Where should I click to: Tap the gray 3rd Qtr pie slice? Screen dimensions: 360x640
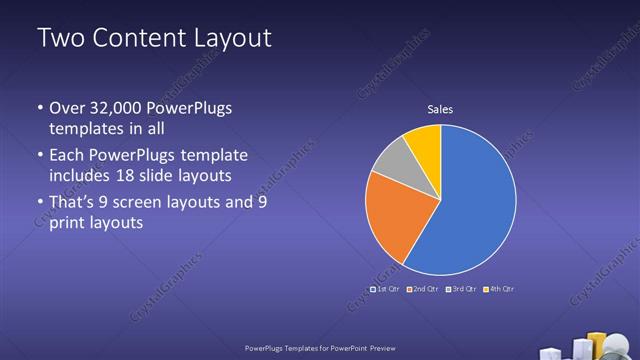click(x=394, y=161)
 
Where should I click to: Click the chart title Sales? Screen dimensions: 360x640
click(x=440, y=109)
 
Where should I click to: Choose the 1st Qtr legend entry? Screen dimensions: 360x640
click(x=385, y=289)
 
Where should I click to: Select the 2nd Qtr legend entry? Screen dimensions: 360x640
click(x=423, y=289)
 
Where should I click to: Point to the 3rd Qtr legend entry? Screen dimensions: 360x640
click(x=460, y=289)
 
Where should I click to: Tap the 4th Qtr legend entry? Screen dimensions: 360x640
click(x=498, y=289)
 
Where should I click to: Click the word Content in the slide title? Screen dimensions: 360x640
click(x=140, y=39)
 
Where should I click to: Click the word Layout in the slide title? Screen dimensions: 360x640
click(x=231, y=39)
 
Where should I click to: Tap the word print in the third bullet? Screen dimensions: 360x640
click(x=67, y=223)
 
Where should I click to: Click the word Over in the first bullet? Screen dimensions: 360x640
click(x=66, y=108)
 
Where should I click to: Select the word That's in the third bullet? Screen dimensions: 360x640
click(x=74, y=202)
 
